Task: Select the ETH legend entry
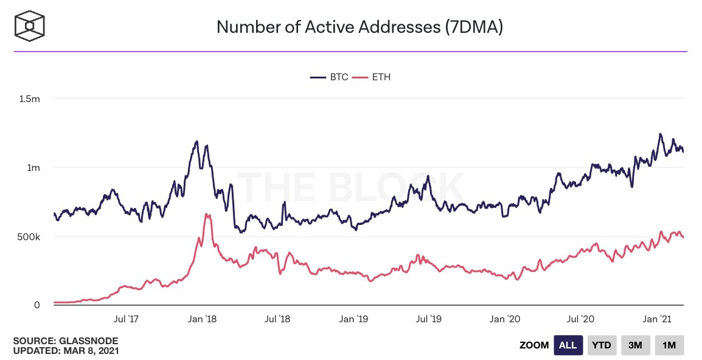372,77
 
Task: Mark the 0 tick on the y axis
36,305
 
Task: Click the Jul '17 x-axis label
127,318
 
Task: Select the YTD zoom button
602,345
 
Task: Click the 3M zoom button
635,345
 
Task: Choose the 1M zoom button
669,345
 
